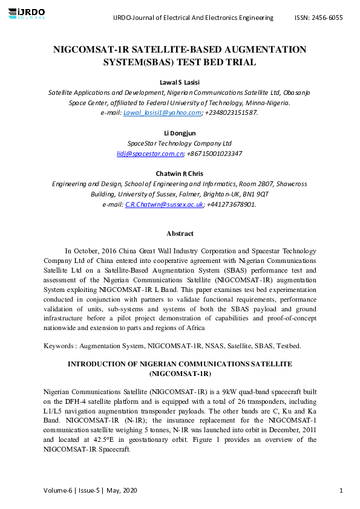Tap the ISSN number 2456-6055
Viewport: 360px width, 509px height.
pyautogui.click(x=327, y=18)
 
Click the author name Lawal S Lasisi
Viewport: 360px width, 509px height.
pyautogui.click(x=179, y=82)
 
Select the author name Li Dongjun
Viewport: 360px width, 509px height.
pyautogui.click(x=180, y=133)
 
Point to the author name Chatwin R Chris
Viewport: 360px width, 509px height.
pyautogui.click(x=180, y=174)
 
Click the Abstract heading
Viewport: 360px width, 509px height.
pyautogui.click(x=180, y=233)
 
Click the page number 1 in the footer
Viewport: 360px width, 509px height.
pyautogui.click(x=341, y=490)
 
